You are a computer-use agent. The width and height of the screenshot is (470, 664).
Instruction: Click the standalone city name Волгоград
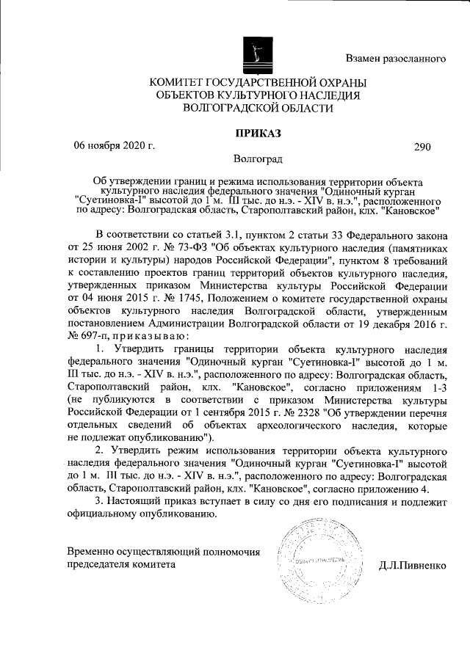coord(256,158)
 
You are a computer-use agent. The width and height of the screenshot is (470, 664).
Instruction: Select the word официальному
coord(103,514)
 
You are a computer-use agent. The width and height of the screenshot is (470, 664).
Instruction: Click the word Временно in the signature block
coord(89,552)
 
